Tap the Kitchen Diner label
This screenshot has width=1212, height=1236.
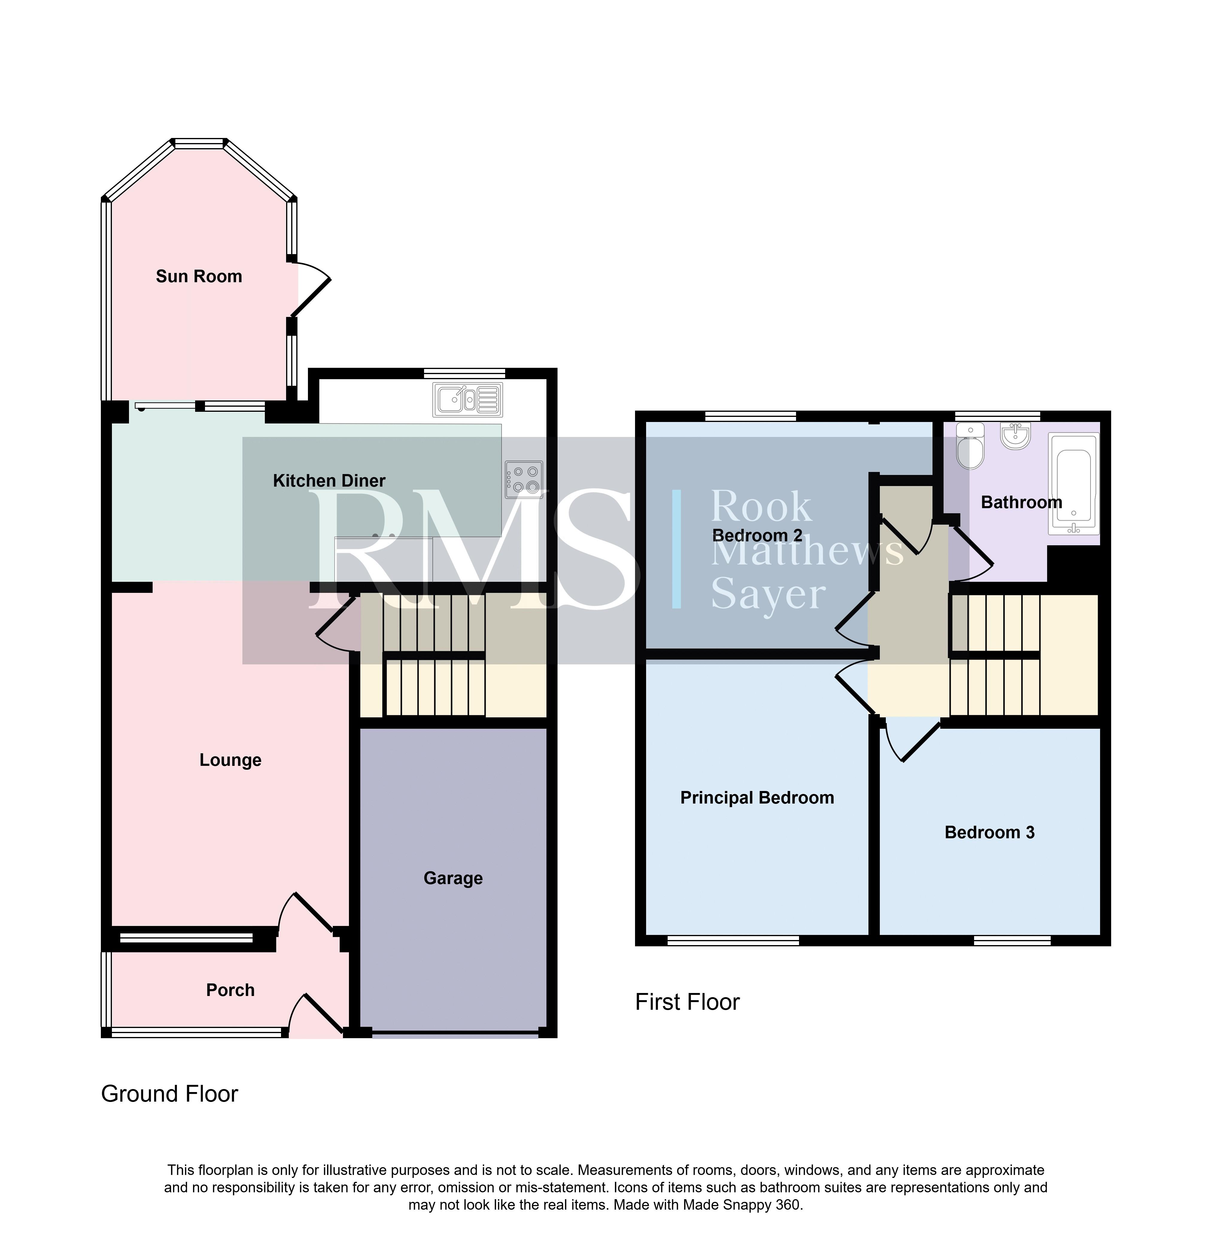tap(329, 481)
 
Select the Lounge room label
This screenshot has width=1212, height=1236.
tap(230, 760)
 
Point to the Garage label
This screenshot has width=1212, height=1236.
tap(453, 878)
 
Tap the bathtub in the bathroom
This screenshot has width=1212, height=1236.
tap(1073, 484)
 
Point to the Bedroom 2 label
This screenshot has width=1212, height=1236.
tap(757, 535)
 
